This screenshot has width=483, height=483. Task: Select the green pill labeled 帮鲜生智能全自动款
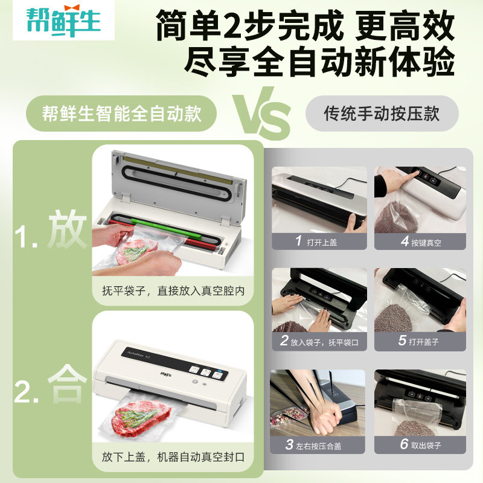[121, 114]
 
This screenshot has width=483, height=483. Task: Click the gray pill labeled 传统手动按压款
[382, 114]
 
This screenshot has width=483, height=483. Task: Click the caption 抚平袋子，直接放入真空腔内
[173, 291]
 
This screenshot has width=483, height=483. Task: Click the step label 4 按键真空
[420, 241]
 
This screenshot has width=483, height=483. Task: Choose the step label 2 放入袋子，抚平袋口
[319, 341]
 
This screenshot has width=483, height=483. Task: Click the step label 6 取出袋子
[420, 446]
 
